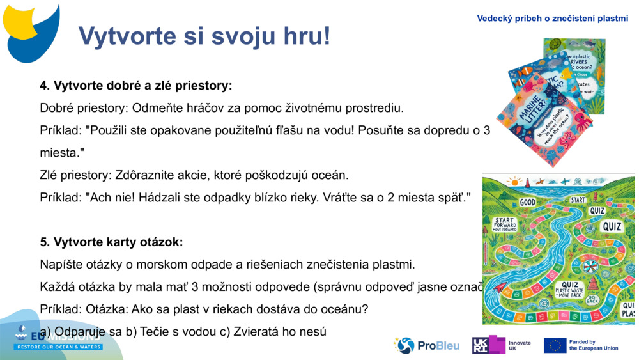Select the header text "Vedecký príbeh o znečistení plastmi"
[x=552, y=19]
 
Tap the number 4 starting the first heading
[x=43, y=85]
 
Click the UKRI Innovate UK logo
[x=502, y=346]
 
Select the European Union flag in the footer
[x=555, y=346]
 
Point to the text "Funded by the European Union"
[x=594, y=346]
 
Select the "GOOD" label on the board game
[x=528, y=202]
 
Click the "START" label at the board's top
[x=578, y=200]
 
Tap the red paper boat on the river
[x=501, y=289]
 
